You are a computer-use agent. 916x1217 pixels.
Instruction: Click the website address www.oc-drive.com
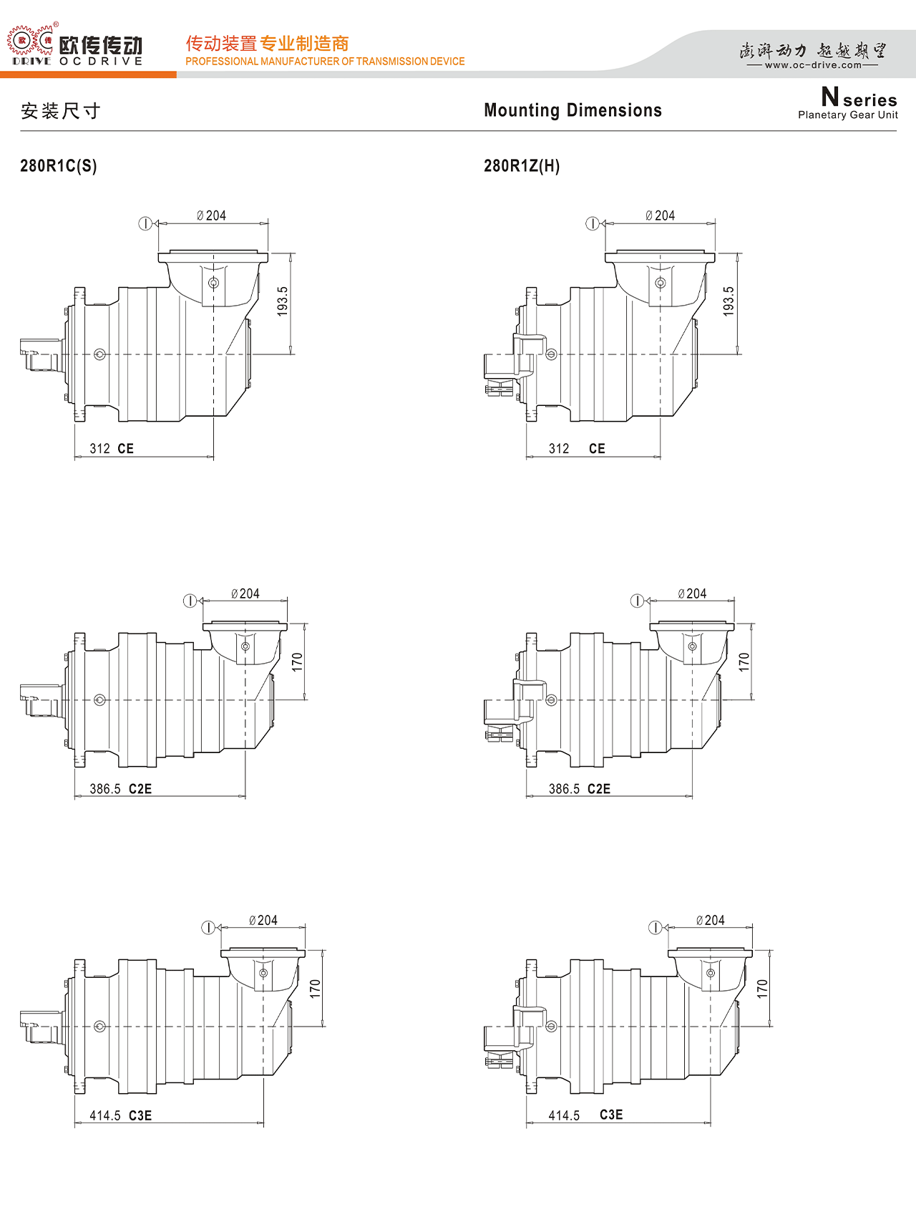point(813,65)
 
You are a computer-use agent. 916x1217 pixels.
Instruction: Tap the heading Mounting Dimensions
point(572,110)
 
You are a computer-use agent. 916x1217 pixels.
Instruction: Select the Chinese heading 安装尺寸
point(60,111)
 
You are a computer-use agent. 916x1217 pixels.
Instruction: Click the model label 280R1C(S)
point(58,166)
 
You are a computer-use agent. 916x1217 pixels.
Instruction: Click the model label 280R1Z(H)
point(522,166)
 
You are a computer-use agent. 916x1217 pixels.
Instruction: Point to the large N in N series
point(830,96)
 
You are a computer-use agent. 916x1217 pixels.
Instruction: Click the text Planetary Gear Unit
point(848,115)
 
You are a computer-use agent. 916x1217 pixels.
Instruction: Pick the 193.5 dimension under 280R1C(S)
point(283,301)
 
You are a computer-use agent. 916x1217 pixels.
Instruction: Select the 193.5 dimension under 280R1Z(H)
point(729,301)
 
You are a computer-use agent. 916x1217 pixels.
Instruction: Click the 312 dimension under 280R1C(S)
point(99,449)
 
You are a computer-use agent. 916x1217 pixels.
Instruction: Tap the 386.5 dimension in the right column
point(564,789)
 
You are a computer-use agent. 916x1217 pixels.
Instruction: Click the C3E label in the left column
point(140,1115)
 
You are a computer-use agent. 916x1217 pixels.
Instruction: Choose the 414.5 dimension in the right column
point(564,1115)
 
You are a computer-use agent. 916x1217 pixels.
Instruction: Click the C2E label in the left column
point(140,789)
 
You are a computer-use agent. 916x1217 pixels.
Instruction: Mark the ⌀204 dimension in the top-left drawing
point(212,215)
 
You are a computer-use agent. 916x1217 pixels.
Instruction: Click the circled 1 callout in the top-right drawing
point(593,223)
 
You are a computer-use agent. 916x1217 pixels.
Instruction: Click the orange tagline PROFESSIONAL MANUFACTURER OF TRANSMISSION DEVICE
point(325,62)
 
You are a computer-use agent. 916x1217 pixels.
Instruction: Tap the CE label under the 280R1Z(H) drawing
point(597,449)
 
